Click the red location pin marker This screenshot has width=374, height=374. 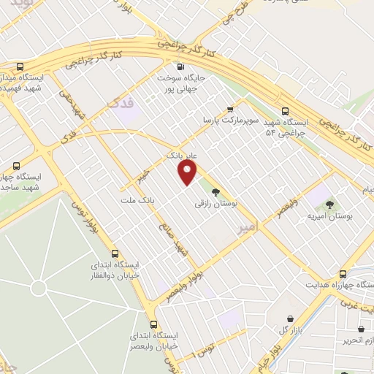tap(188, 172)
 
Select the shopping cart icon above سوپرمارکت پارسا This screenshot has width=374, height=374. tap(230, 108)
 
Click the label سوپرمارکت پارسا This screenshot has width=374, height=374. tap(230, 119)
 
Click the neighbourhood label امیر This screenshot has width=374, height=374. tap(248, 229)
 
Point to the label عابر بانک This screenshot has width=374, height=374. tap(183, 156)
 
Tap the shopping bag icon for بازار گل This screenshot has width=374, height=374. tap(292, 318)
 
